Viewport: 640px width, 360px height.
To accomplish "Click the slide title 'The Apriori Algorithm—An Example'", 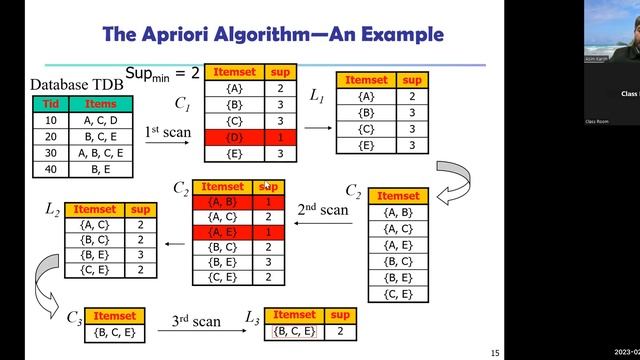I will click(273, 35).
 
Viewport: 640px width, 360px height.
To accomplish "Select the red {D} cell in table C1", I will click(235, 136).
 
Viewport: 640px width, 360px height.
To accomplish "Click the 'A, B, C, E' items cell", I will click(102, 153).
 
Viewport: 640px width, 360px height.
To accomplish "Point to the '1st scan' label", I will click(165, 132).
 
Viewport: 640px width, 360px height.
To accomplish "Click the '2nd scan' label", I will click(323, 211).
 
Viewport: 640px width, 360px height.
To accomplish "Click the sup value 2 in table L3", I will click(340, 331).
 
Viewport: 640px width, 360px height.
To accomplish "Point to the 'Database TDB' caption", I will click(77, 85).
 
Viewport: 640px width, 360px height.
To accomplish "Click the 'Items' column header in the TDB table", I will click(102, 104).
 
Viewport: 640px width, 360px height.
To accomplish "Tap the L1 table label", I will click(317, 96).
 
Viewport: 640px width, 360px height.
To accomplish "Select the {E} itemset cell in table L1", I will click(365, 147).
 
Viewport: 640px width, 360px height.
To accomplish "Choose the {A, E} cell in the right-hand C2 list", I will click(398, 246).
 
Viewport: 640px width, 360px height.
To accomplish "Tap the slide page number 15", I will click(494, 352).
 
